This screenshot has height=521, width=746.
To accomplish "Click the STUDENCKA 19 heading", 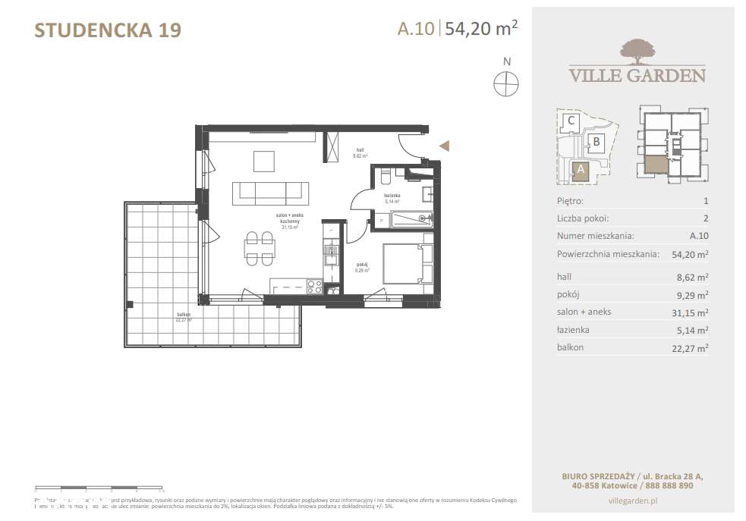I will point(109,30).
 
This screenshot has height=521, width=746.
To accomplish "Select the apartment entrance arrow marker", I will point(445,146).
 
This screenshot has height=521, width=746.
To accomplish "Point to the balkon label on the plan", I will point(181,315).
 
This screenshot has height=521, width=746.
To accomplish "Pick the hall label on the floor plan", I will point(359,151).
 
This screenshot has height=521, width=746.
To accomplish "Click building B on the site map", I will point(597,141).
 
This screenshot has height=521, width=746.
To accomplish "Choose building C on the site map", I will point(572,120).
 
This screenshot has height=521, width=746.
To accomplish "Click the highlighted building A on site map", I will point(581,170).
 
